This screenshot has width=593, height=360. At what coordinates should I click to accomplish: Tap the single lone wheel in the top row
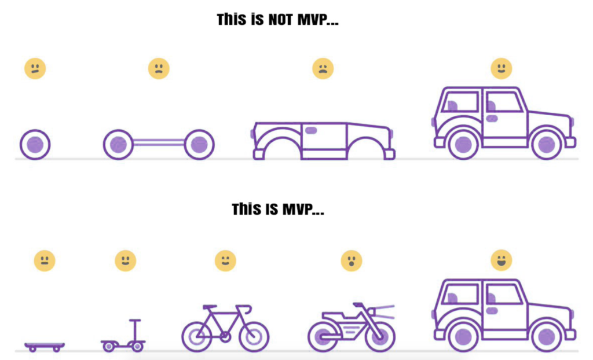point(35,145)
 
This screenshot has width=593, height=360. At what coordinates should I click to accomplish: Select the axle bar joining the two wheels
point(159,142)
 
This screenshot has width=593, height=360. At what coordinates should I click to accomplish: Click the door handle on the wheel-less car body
point(311,130)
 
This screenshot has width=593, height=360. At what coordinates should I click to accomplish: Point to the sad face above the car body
point(323,68)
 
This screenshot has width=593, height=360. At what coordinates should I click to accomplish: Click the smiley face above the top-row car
point(502,68)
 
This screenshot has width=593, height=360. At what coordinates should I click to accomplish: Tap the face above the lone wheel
point(35,68)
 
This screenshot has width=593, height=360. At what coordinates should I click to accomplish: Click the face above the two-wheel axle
point(159,68)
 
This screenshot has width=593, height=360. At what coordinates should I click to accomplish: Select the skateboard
point(45,346)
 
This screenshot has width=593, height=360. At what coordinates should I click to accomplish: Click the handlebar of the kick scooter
point(135,321)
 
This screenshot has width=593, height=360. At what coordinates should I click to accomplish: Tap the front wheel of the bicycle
point(254,336)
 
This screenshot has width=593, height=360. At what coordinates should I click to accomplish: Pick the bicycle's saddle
point(210,307)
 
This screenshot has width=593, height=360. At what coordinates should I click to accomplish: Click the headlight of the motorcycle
point(372,313)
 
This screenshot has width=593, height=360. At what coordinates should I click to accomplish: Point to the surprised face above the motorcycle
point(352,260)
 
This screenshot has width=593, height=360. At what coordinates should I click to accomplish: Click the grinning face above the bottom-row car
point(502,260)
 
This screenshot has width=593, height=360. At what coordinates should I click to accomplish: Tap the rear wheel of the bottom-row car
point(463,336)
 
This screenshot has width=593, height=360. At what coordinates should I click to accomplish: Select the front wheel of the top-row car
point(547,145)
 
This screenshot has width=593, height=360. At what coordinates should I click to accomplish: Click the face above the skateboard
point(45,260)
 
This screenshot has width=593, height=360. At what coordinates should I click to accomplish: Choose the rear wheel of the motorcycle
point(323,336)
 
